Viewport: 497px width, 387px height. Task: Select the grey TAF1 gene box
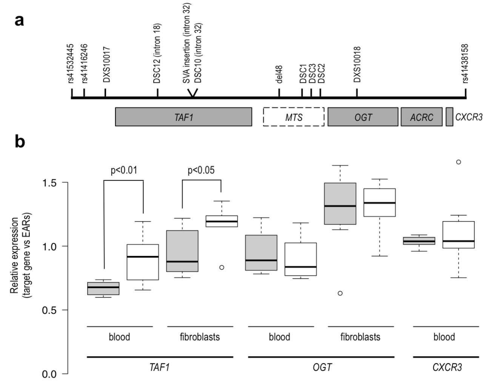point(183,117)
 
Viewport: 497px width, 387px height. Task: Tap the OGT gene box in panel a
point(363,117)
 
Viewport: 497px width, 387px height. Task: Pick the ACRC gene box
point(422,117)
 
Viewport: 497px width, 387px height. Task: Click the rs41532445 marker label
point(71,63)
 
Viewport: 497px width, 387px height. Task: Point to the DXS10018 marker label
point(357,64)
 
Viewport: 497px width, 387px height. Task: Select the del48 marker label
point(279,74)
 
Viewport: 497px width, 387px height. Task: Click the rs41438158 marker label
point(465,63)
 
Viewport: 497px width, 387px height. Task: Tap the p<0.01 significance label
point(124,170)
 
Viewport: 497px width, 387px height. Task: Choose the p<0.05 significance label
point(201,170)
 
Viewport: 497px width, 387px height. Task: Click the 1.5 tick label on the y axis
point(49,183)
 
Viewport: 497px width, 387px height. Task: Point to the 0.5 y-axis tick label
point(49,310)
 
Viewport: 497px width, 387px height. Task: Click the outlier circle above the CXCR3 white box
point(459,162)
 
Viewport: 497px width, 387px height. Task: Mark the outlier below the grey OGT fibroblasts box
point(340,293)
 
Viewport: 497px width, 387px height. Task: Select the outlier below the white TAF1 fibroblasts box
point(222,267)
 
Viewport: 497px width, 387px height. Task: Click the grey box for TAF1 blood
point(103,288)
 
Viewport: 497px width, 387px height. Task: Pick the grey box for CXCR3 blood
point(419,241)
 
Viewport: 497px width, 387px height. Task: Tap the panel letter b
point(20,142)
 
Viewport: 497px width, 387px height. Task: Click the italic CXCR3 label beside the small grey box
point(469,117)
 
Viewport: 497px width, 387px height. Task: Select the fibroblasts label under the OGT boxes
point(360,337)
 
